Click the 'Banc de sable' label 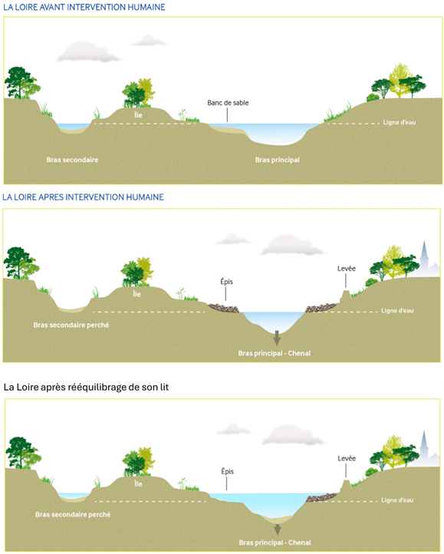(x=228, y=103)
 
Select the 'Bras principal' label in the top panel (x=277, y=160)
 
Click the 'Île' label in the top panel (x=138, y=114)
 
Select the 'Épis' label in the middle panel (x=226, y=282)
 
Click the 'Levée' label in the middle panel (x=347, y=269)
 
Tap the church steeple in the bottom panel (x=426, y=447)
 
